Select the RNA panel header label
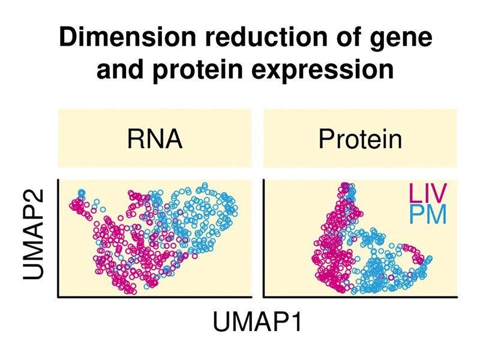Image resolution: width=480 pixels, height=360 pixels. click(x=155, y=139)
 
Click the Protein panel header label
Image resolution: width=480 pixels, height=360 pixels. click(x=359, y=139)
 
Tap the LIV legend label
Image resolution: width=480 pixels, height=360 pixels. click(x=428, y=194)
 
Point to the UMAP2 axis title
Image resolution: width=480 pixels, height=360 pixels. click(x=36, y=238)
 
